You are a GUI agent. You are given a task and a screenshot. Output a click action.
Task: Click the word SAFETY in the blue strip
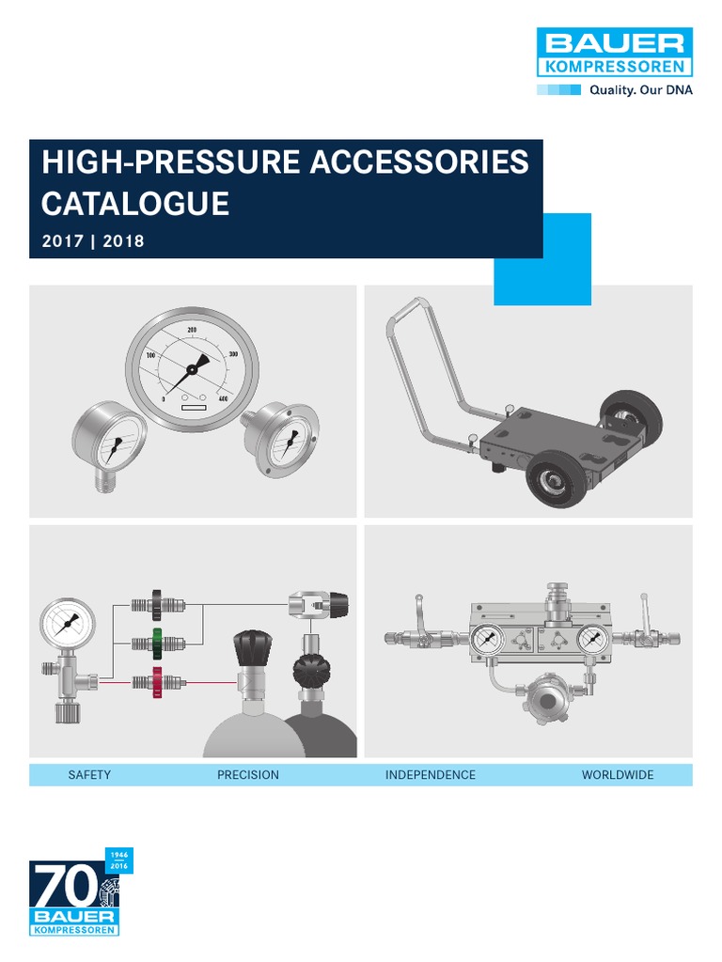[89, 775]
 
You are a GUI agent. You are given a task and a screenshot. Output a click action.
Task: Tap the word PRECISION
[248, 775]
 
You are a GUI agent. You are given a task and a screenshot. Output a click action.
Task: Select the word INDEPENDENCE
[431, 775]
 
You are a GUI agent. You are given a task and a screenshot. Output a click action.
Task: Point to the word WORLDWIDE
[618, 775]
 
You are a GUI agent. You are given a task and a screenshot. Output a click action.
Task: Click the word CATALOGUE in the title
[135, 204]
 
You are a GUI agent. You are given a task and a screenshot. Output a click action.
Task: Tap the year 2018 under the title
[123, 241]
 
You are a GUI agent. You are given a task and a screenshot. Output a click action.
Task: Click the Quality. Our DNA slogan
[641, 90]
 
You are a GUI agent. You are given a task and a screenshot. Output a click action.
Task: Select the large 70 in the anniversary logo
[66, 885]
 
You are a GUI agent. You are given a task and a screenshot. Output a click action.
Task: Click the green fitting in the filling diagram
[158, 643]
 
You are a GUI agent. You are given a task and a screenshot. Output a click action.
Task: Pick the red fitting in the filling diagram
[157, 682]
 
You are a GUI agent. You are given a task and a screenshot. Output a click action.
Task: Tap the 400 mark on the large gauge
[223, 398]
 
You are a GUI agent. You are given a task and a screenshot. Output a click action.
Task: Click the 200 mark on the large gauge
[192, 330]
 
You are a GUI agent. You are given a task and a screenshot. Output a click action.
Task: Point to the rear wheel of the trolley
[631, 416]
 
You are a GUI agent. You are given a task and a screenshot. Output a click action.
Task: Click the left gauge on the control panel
[487, 639]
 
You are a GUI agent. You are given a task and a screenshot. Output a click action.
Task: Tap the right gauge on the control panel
[594, 639]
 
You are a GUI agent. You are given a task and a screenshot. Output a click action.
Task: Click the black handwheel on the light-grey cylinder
[253, 648]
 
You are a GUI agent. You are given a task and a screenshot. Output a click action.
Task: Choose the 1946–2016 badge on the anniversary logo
[119, 861]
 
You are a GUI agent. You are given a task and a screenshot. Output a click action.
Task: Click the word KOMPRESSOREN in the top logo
[615, 67]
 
